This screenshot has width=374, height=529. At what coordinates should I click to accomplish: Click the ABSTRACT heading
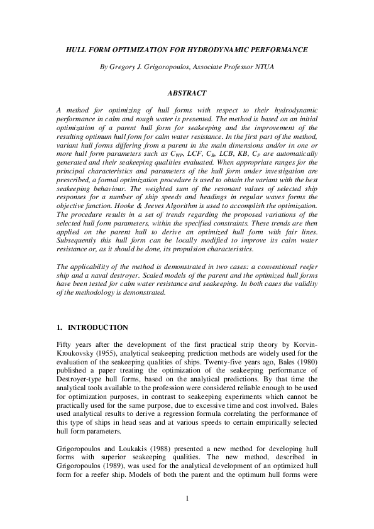187,92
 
